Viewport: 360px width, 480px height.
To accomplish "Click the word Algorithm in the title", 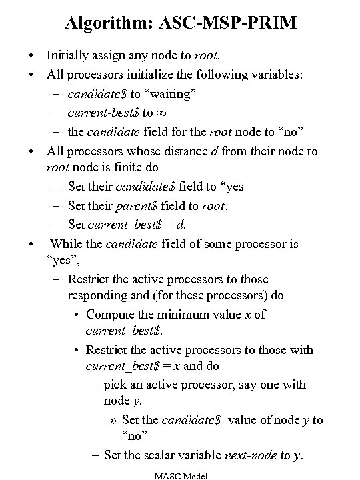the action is tap(109, 23).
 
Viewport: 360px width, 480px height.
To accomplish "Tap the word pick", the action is tap(118, 385).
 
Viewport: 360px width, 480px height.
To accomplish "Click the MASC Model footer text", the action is tap(180, 475).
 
